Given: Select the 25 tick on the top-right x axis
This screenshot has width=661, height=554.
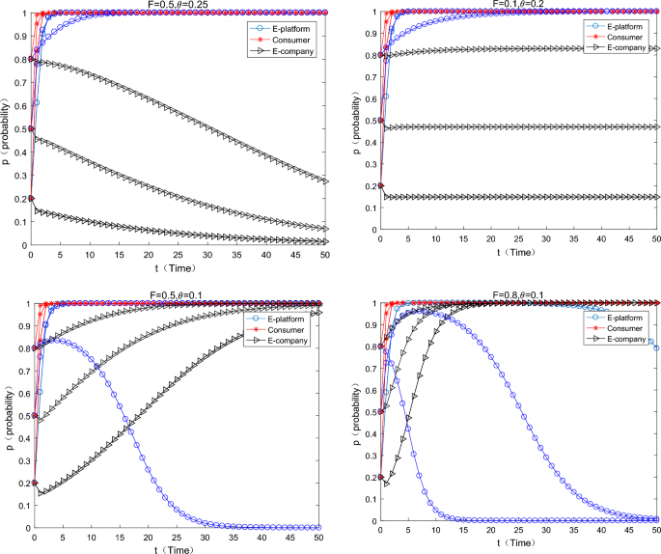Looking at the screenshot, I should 519,239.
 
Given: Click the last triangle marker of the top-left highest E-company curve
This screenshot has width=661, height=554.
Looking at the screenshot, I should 326,180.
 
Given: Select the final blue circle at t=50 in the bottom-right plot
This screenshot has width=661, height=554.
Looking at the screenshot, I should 657,347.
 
